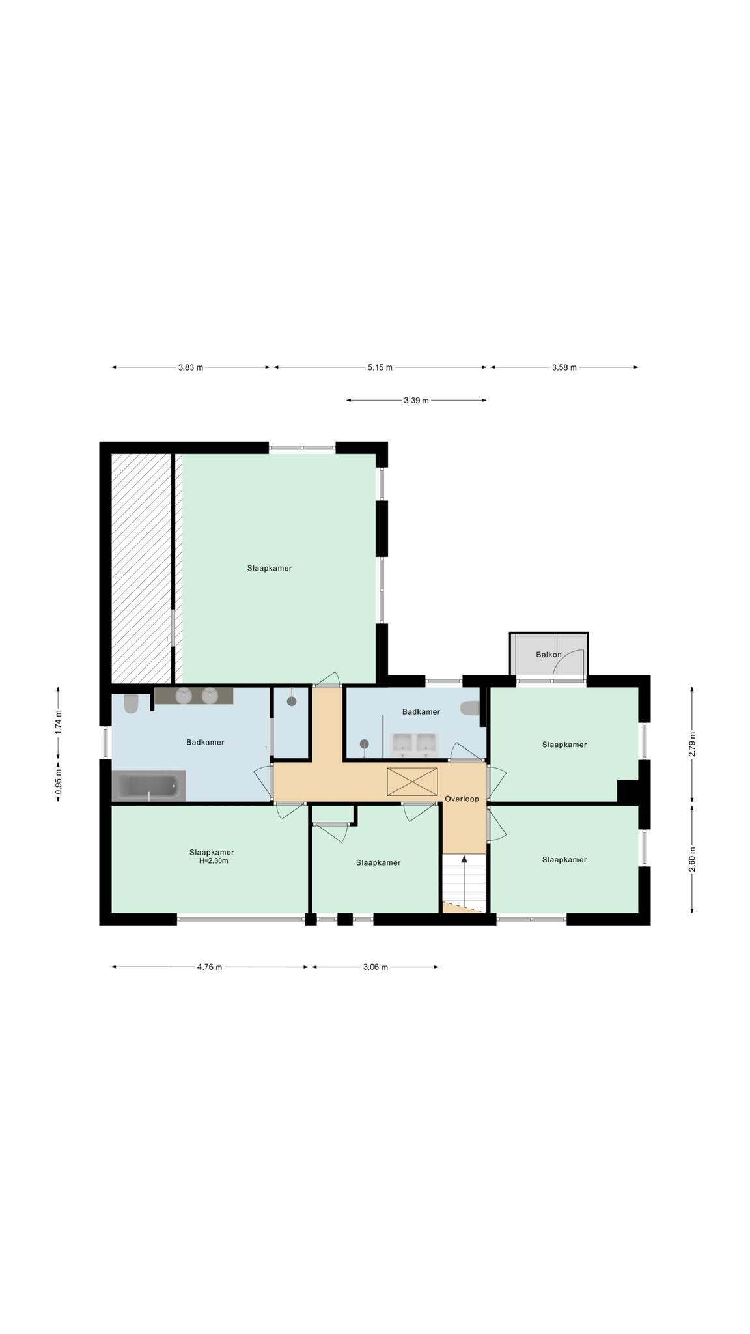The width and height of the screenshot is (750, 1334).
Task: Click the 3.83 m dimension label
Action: tap(191, 367)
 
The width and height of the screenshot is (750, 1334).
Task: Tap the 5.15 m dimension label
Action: tap(380, 367)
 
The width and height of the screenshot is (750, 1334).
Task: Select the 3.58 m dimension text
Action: tap(564, 367)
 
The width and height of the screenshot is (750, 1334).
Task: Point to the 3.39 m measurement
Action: tap(417, 401)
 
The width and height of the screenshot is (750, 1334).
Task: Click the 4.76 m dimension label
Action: tap(210, 967)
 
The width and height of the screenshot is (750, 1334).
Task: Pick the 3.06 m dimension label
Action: tap(376, 967)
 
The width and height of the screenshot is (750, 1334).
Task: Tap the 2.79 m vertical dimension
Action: tap(692, 744)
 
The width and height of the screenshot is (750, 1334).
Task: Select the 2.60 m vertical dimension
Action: tap(692, 859)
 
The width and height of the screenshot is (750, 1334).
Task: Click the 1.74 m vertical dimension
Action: tap(59, 722)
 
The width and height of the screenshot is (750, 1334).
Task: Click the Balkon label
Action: tap(549, 655)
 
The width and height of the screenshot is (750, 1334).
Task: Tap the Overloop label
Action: tap(462, 799)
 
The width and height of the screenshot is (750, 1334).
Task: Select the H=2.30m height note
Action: tap(214, 861)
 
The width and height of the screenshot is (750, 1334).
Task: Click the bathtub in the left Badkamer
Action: tap(148, 786)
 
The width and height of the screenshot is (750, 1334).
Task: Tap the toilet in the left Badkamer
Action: tap(132, 703)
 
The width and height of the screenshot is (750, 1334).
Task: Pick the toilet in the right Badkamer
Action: tap(470, 708)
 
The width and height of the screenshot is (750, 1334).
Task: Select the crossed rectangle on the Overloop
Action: tap(412, 782)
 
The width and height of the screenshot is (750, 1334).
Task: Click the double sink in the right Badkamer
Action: tap(414, 743)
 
